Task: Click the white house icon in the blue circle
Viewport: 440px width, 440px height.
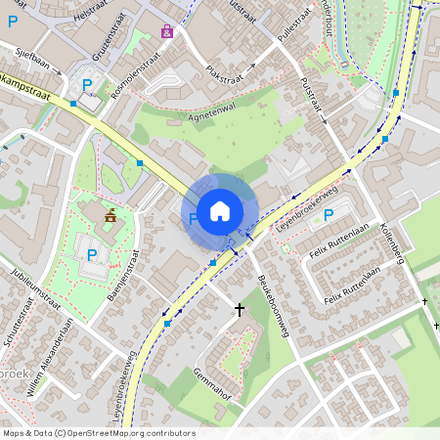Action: coord(220,209)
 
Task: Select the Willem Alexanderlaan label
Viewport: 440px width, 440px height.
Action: coord(54,357)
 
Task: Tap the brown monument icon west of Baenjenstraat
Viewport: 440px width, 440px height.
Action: coord(110,216)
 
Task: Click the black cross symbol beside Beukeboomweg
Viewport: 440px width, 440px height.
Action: coord(240,310)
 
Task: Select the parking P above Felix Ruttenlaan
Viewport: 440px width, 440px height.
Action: coord(329,215)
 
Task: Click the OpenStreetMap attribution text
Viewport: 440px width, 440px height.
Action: coord(98,433)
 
